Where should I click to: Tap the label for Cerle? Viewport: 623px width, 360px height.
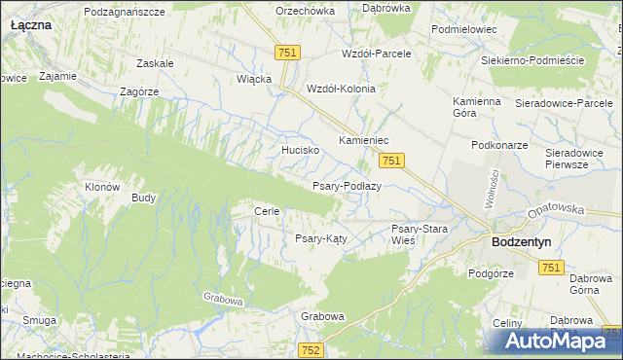pyautogui.click(x=267, y=211)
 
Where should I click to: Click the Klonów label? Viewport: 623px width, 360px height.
pyautogui.click(x=102, y=187)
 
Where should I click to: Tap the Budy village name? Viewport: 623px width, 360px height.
pyautogui.click(x=143, y=198)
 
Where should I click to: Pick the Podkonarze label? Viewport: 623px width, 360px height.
pyautogui.click(x=498, y=144)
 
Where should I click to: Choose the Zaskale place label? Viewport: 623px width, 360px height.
pyautogui.click(x=155, y=63)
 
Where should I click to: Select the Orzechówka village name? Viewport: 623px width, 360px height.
pyautogui.click(x=305, y=11)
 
